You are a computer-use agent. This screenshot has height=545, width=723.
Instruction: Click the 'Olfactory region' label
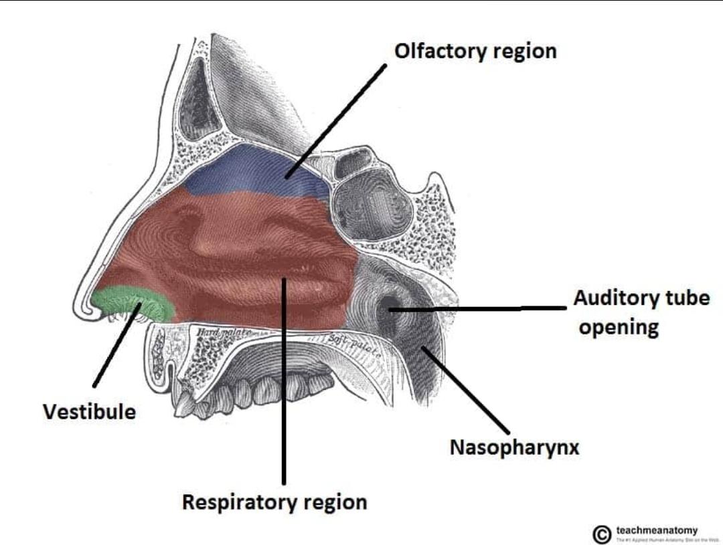tap(475, 51)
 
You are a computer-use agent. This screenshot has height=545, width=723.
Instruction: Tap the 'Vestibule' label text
tap(89, 411)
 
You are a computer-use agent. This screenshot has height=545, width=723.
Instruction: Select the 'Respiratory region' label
tap(274, 502)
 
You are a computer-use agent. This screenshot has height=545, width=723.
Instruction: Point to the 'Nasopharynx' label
tap(514, 447)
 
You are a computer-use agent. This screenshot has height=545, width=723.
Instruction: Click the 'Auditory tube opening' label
tap(641, 312)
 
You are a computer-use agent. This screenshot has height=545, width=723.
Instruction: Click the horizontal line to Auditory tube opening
tap(482, 309)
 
